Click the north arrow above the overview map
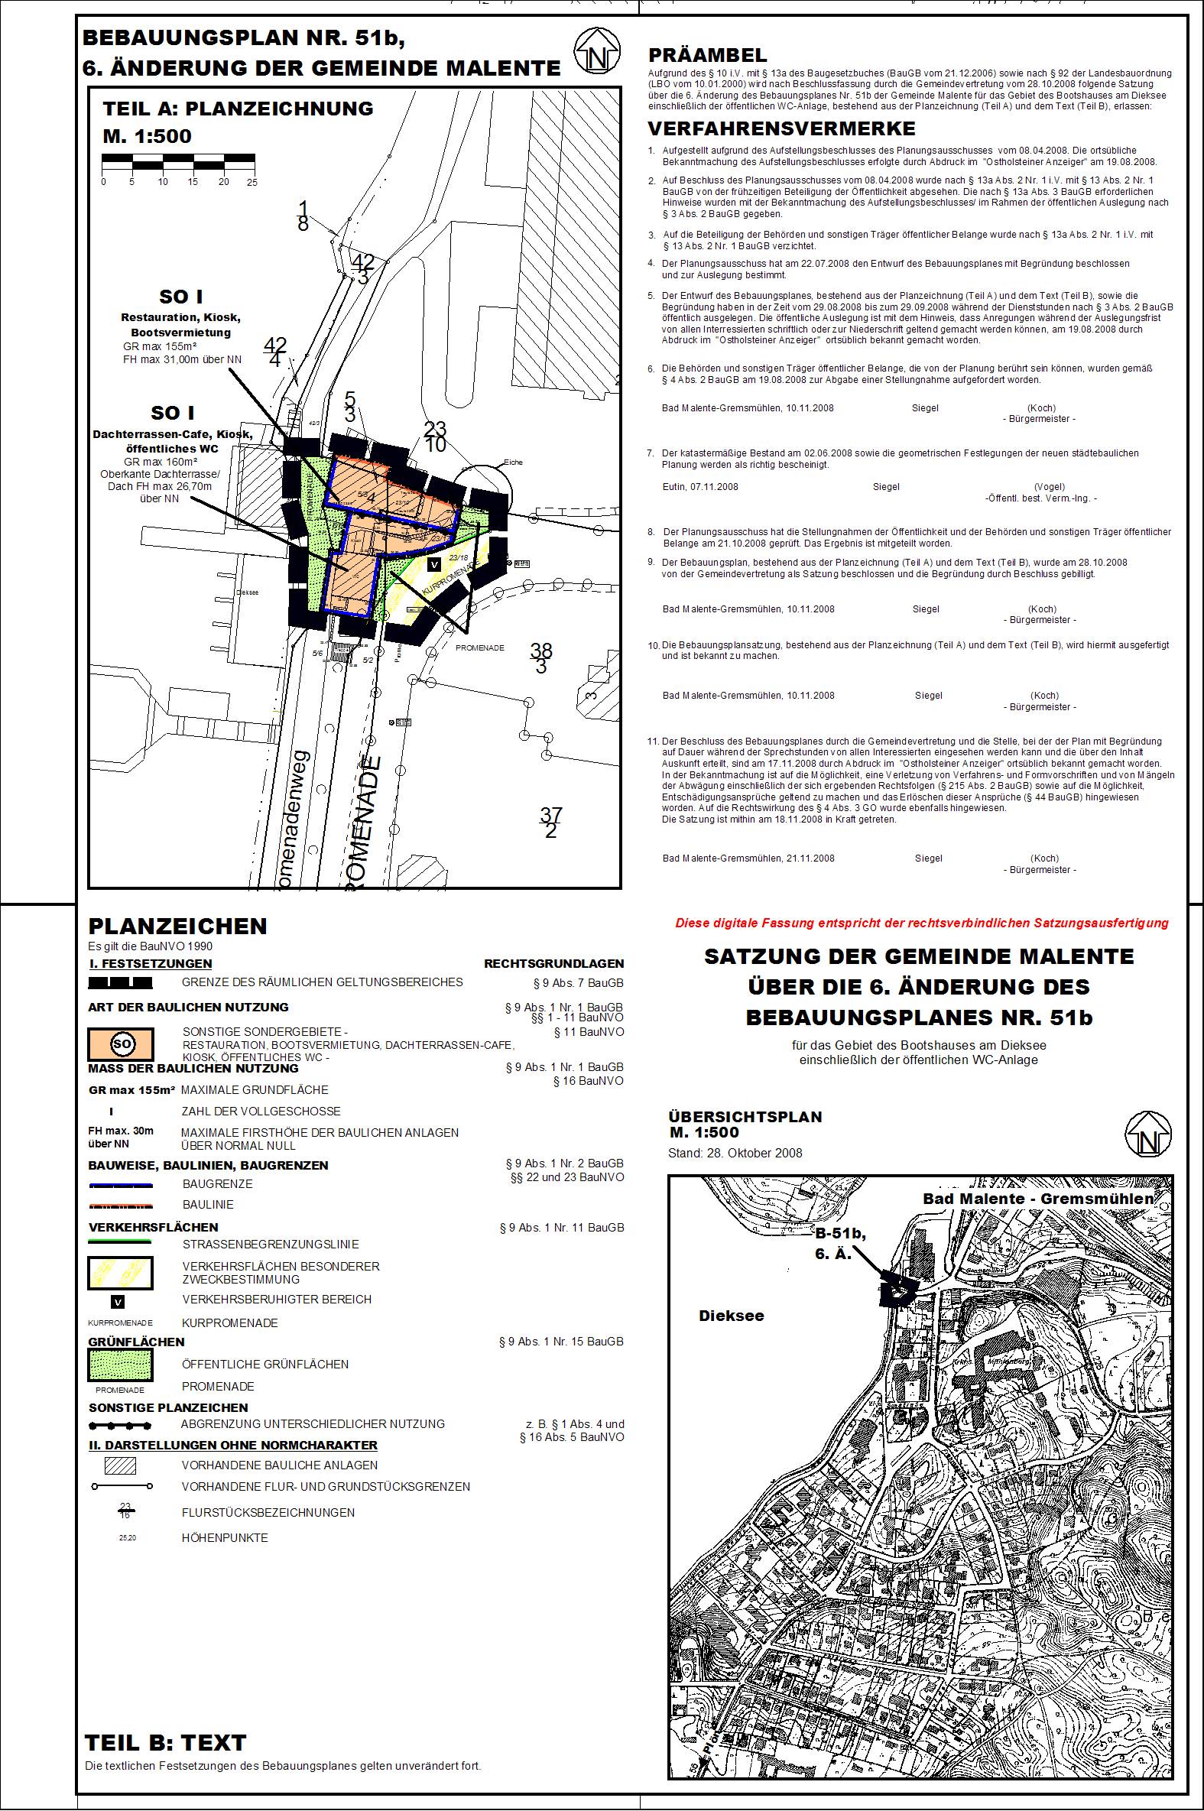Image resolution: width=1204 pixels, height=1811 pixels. tap(1147, 1135)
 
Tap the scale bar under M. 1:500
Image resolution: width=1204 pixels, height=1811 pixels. tap(178, 161)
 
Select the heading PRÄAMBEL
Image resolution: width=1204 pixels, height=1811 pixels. tap(707, 55)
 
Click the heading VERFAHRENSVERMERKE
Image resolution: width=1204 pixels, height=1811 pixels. tap(782, 128)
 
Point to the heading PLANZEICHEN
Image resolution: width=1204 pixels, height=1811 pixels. tap(177, 927)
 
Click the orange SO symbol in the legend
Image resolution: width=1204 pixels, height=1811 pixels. tap(122, 1044)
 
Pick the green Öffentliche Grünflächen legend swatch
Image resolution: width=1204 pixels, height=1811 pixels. tap(121, 1365)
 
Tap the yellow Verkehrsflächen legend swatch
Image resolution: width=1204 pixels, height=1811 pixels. tap(121, 1272)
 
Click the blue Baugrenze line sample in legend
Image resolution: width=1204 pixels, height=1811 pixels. tap(121, 1185)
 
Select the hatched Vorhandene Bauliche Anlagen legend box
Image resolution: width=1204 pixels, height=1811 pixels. tap(121, 1465)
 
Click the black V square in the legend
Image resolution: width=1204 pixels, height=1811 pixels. tap(118, 1301)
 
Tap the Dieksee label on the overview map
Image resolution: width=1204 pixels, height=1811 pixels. tap(731, 1316)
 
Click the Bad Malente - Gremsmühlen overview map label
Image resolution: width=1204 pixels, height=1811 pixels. tap(1037, 1199)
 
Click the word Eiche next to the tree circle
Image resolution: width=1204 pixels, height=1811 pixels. tap(513, 462)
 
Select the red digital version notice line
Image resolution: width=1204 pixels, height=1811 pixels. tap(921, 923)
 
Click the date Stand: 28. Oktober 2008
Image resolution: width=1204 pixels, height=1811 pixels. tap(735, 1153)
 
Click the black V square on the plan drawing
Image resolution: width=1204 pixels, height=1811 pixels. tap(434, 564)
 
